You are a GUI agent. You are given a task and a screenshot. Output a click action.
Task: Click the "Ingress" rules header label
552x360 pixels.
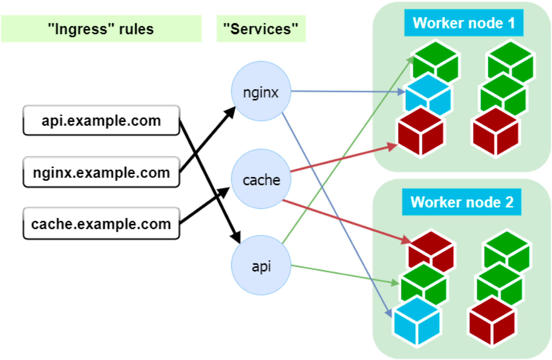(x=101, y=29)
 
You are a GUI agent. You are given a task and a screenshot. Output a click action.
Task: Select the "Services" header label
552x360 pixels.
(x=261, y=29)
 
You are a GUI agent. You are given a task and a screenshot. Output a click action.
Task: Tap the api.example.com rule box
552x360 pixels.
(x=101, y=121)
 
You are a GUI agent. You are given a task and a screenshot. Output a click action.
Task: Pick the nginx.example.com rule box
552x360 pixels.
(x=101, y=172)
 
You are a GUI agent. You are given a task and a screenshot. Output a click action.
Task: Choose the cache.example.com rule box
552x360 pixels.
(x=101, y=224)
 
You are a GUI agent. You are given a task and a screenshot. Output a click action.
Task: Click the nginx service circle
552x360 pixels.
(x=261, y=91)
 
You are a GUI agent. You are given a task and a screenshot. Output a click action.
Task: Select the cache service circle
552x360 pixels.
(x=261, y=179)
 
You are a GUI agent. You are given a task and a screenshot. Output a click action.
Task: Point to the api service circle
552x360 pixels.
(x=261, y=266)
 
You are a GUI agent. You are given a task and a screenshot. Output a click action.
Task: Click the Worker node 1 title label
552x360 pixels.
(x=463, y=23)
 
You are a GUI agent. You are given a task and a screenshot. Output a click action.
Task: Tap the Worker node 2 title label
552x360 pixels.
(x=461, y=202)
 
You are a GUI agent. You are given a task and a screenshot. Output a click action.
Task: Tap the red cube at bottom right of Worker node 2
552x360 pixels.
(x=492, y=323)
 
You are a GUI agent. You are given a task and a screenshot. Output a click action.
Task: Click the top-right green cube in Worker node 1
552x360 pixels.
(x=510, y=61)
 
